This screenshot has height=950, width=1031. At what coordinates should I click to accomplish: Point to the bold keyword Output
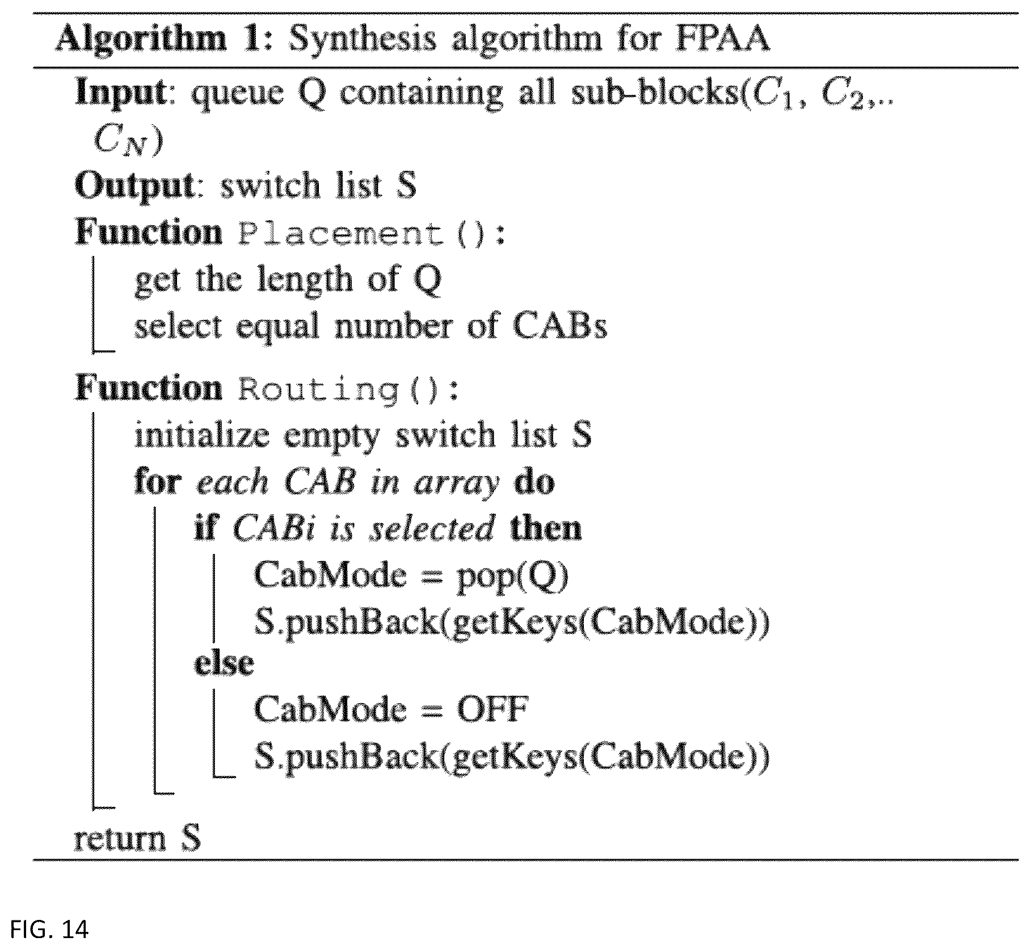coord(135,186)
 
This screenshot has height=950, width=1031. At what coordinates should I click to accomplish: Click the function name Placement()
coord(369,233)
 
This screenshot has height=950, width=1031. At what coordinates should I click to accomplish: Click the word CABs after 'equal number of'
coord(559,326)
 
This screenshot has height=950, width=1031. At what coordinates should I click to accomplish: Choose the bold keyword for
coord(158,482)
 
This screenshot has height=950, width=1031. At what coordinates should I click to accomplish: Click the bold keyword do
coord(534,482)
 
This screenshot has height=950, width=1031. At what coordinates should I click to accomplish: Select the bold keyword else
coord(224,663)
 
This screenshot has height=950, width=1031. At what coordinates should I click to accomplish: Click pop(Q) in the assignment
coord(512,575)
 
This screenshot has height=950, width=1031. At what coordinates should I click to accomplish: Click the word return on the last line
coord(120,839)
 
